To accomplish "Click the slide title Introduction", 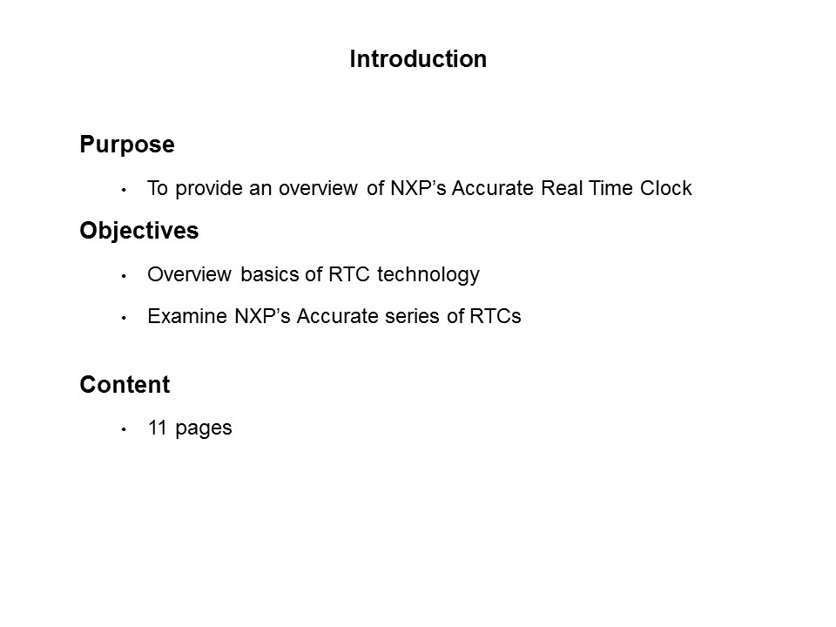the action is (418, 59).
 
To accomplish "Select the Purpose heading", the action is (127, 145).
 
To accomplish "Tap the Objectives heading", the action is (139, 231).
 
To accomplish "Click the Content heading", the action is (125, 384).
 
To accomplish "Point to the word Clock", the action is (666, 188).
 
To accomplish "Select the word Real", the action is (561, 188).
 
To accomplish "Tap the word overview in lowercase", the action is (318, 188).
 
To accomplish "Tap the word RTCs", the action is (496, 316).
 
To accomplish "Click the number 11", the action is (158, 428).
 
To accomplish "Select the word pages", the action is (204, 429).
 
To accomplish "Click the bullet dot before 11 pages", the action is (124, 429).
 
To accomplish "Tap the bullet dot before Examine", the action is (124, 318).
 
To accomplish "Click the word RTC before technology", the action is (349, 274).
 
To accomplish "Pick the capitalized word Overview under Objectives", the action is (189, 274).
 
